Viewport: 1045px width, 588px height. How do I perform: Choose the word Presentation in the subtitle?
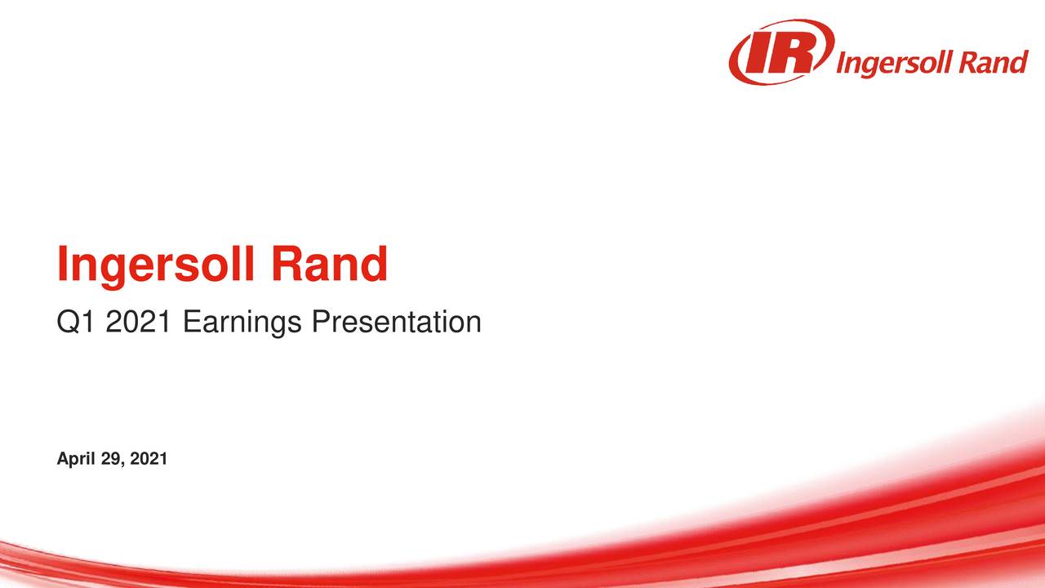395,323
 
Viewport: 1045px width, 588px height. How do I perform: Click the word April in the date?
73,461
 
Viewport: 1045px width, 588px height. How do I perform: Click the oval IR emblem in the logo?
781,52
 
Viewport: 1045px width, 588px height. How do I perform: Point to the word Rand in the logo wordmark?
991,62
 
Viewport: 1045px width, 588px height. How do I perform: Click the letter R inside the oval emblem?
797,51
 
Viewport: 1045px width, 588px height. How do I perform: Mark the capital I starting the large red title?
62,265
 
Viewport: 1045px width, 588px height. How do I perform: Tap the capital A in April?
62,461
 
